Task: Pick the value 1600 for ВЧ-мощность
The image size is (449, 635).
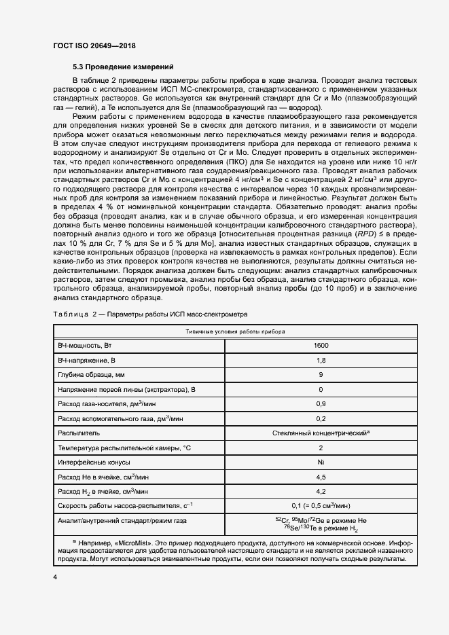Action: pyautogui.click(x=321, y=346)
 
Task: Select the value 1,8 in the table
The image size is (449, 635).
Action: pyautogui.click(x=321, y=360)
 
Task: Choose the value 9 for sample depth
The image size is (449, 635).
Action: pyautogui.click(x=321, y=375)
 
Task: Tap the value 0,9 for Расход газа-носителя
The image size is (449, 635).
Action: pyautogui.click(x=321, y=403)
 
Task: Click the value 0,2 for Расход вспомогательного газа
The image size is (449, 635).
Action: pyautogui.click(x=321, y=418)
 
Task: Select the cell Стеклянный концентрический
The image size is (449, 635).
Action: pyautogui.click(x=320, y=432)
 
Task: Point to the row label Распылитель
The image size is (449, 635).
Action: pyautogui.click(x=80, y=432)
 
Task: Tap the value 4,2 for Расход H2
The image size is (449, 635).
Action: pyautogui.click(x=321, y=490)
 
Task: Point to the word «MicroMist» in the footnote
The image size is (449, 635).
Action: pyautogui.click(x=136, y=543)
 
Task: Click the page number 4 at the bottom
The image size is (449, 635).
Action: pyautogui.click(x=54, y=576)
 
